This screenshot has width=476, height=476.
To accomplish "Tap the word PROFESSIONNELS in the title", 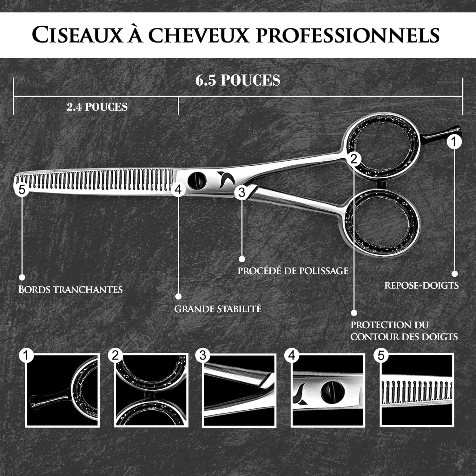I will coord(347,35).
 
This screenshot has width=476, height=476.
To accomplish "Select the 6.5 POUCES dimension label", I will coord(238,80).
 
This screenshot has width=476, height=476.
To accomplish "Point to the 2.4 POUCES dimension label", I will coord(97,107).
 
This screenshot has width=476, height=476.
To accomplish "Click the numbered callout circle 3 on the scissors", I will coord(241,192).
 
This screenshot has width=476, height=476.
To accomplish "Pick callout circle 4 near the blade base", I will coord(178,189).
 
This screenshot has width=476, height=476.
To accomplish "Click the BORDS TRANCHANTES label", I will coord(70,289).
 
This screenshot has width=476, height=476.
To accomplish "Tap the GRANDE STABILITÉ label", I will coord(218,309).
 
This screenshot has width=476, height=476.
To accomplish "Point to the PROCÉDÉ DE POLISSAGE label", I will coord(293,271).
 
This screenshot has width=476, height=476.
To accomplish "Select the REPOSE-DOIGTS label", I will coord(421,285).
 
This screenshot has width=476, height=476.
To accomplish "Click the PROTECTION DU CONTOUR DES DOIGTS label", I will coord(404,331).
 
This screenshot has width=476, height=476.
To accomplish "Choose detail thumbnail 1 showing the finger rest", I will coord(62,390).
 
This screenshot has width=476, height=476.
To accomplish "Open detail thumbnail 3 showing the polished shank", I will coord(239,390).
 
